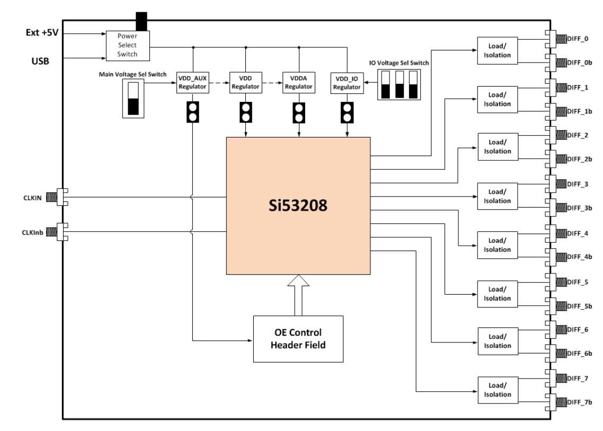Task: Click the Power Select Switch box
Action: [x=127, y=46]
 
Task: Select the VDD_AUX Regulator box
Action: [x=192, y=82]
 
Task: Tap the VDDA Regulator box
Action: [x=298, y=82]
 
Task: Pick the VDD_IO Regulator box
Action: [x=347, y=82]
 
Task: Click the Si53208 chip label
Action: [x=298, y=206]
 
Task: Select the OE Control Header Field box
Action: [x=298, y=339]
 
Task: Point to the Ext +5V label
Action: [x=42, y=32]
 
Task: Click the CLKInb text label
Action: [x=33, y=231]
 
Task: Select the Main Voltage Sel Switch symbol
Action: [x=133, y=99]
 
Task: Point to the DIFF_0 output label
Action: [x=577, y=39]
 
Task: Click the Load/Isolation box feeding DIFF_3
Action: [x=497, y=196]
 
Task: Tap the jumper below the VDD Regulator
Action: [x=245, y=112]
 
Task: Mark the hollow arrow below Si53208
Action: [x=298, y=295]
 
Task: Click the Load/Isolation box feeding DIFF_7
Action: [x=497, y=390]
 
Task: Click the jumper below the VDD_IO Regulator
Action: [x=347, y=112]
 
